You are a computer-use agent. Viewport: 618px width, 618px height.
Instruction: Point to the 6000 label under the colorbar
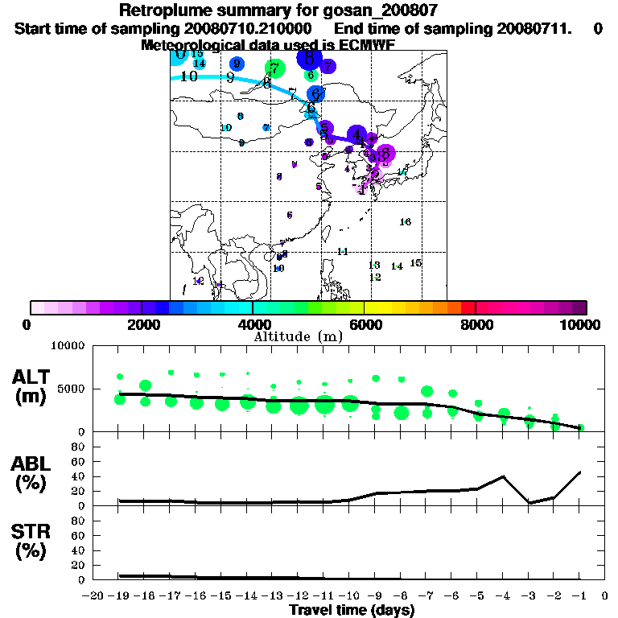pos(365,324)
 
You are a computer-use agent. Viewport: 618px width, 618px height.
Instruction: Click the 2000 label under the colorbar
pos(142,324)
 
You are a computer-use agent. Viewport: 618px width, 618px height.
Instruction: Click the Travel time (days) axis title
pos(352,611)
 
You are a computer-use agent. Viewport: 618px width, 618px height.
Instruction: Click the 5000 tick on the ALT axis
pos(72,389)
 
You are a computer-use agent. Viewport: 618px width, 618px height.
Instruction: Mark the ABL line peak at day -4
pos(504,476)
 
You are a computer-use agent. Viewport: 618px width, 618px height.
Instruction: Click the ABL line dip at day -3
pos(529,503)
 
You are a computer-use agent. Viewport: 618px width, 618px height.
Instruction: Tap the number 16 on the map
pos(406,222)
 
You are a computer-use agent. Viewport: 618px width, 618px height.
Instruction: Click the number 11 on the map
pos(342,252)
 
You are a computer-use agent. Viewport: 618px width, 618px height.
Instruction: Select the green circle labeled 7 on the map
pos(275,68)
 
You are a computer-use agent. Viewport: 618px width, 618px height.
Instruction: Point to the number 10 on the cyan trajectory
pos(189,76)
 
